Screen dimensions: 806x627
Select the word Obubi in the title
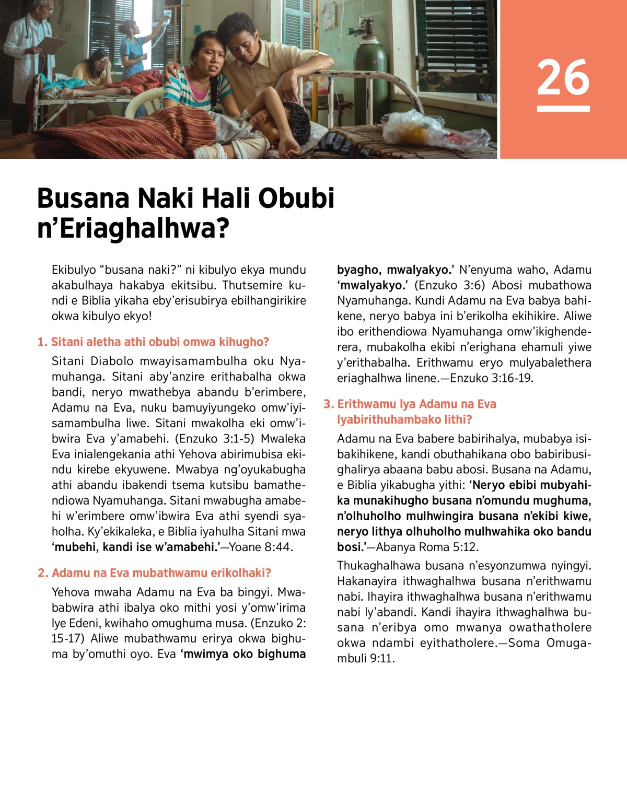296,198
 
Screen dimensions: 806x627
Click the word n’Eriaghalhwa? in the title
133,229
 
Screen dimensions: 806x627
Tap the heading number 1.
42,342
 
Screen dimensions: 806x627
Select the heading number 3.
328,404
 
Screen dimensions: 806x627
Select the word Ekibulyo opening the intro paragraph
74,270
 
